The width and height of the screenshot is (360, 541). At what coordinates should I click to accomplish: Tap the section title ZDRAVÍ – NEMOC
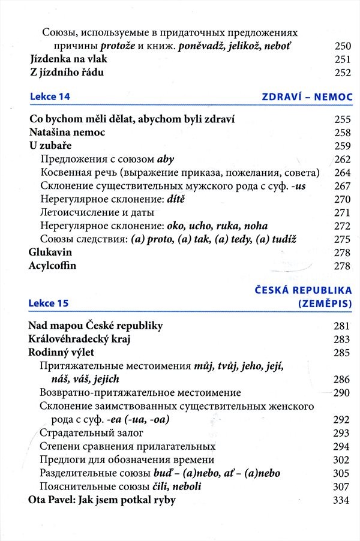click(307, 97)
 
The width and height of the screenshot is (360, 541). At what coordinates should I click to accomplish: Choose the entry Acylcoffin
click(53, 266)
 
